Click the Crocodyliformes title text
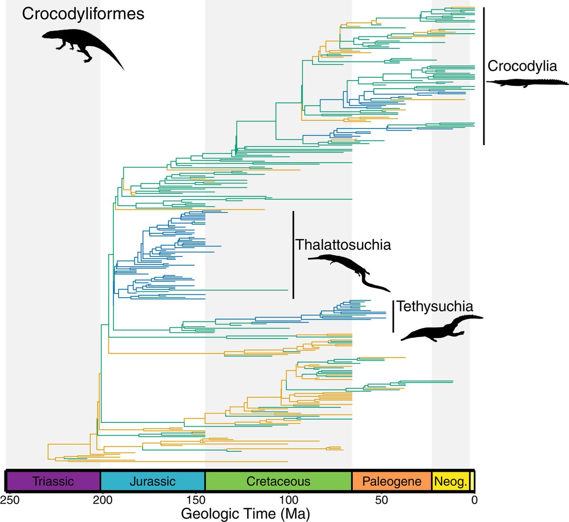83,13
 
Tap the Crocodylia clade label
522,66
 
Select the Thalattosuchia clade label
343,245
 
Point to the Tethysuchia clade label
435,306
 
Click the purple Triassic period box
53,481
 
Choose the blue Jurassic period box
152,481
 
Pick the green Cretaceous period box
278,481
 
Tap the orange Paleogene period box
392,481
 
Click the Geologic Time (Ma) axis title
245,513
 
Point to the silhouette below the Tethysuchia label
441,327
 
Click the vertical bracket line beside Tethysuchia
393,316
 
